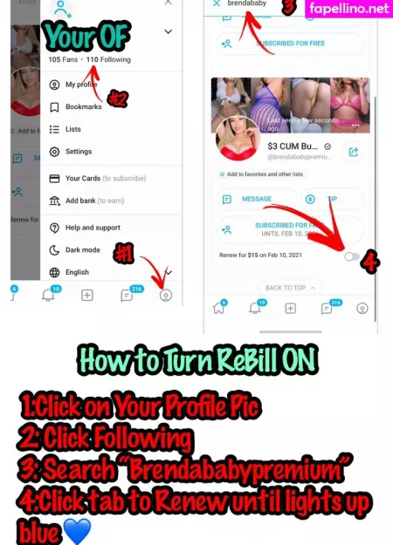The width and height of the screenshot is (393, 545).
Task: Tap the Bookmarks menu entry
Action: [83, 107]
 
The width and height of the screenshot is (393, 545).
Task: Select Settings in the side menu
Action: [78, 152]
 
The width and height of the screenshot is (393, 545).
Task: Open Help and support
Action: [93, 228]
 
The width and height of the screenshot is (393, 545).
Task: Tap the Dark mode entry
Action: [82, 250]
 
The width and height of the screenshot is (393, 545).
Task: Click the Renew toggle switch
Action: [352, 256]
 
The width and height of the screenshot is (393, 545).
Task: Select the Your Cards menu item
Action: [83, 178]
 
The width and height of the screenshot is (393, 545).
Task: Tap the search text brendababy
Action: [248, 4]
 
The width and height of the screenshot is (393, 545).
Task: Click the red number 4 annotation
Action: [369, 260]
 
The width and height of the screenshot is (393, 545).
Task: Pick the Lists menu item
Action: [73, 129]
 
